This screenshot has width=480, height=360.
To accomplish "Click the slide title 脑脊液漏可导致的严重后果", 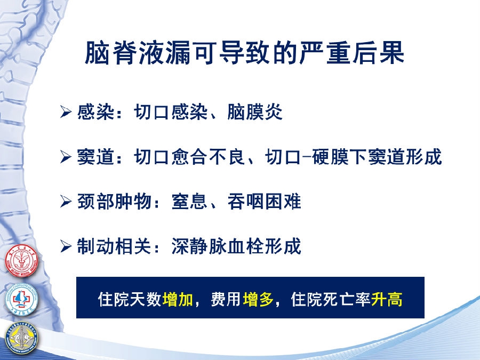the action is pos(244,53).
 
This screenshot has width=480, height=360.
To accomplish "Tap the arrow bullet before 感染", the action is pos(66,112).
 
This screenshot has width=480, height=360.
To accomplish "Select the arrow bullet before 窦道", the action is pos(66,157).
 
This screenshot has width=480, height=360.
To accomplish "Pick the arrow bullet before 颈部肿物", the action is pos(66,202).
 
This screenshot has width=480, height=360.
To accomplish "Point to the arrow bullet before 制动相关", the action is pos(66,246).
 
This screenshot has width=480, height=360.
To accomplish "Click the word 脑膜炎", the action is pos(255,112).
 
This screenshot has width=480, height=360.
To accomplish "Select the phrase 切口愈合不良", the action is pos(190,157).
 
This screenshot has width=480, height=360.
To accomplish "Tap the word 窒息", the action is pos(190,202).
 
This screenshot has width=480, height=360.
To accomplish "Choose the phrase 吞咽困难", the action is pos(265,202).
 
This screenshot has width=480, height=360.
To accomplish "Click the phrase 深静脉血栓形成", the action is pos(236,246).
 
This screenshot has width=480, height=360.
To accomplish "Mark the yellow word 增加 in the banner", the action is pos(178,299).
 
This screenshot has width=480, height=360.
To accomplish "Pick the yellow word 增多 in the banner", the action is pos(258,299).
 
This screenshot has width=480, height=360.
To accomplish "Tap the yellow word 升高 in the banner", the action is pos(387,299).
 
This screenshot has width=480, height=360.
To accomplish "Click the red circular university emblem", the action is pos(21,261).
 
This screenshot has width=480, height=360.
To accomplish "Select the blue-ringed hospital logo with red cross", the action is pos(21,299).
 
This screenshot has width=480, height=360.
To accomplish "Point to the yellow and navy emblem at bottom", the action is pos(22,339).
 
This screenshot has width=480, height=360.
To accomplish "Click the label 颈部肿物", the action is pos(114,202).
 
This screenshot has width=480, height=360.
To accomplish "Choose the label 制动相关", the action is pos(114,246).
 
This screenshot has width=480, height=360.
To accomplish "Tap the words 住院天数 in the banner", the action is pos(130,299).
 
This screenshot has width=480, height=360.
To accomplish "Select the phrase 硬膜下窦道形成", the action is pos(377,157).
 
